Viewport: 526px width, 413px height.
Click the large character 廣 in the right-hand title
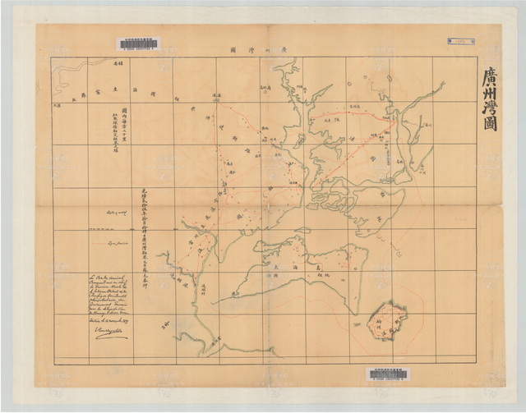tap(490, 80)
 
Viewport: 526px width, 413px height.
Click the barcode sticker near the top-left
tap(138, 44)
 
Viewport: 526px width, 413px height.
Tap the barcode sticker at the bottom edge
tap(386, 374)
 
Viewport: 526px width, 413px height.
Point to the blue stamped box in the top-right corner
tap(460, 40)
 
